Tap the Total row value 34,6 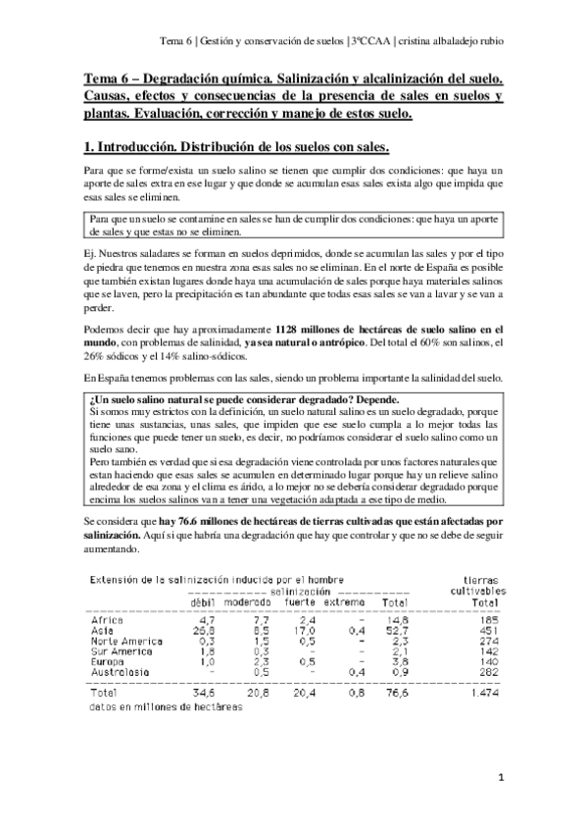(202, 693)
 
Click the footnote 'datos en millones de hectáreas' (152, 706)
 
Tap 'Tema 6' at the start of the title (101, 77)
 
